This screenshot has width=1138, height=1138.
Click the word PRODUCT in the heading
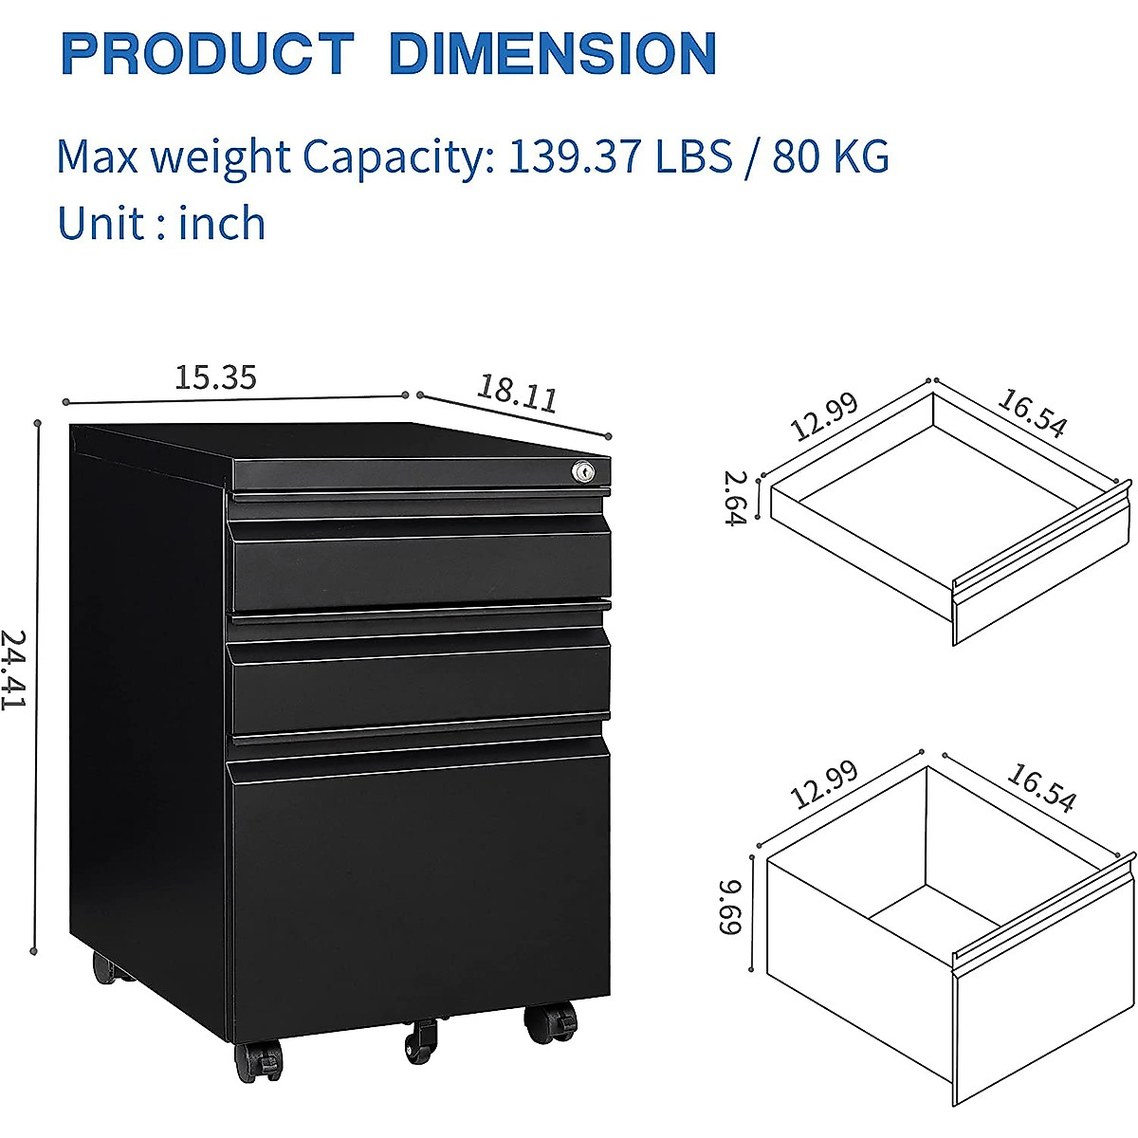tap(207, 54)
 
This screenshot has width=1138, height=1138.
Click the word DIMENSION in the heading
tap(553, 54)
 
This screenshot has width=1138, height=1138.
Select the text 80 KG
tap(831, 156)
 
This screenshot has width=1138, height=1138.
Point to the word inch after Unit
tap(222, 224)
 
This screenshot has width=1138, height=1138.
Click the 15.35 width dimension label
tap(215, 377)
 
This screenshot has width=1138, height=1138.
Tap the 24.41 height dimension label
tap(13, 670)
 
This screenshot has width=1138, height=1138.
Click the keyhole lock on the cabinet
tap(581, 469)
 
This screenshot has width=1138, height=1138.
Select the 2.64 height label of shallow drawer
tap(737, 498)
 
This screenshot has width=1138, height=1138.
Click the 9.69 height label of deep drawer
tap(731, 907)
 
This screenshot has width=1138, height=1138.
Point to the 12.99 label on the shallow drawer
tap(824, 416)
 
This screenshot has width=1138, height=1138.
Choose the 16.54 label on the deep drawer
tap(1040, 789)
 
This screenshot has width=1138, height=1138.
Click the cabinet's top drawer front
tap(420, 566)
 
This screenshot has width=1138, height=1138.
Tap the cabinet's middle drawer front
tap(420, 681)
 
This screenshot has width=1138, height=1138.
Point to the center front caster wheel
tap(420, 1042)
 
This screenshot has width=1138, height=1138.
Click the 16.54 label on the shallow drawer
tap(1031, 413)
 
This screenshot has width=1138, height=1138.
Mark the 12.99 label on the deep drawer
tap(824, 785)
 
